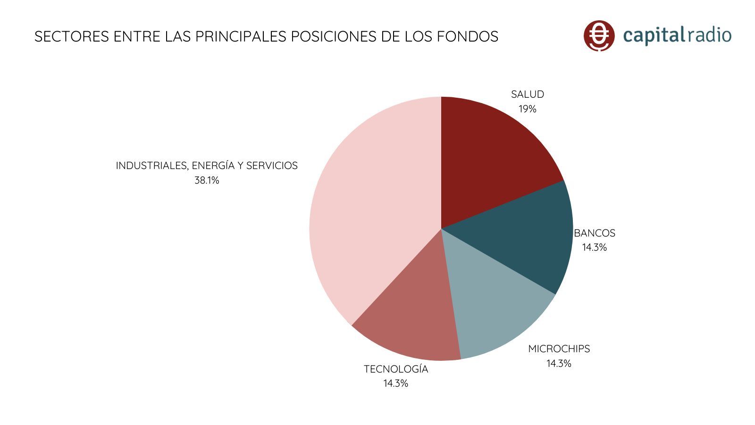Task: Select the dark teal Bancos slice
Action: [528, 236]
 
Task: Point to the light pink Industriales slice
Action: [368, 212]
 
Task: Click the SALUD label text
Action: [528, 94]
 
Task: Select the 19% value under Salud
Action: [528, 109]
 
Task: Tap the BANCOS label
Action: [595, 233]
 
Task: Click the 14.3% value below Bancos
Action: [594, 247]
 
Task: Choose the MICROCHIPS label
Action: [559, 349]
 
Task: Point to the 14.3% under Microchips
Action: [559, 364]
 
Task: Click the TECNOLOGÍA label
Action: [396, 369]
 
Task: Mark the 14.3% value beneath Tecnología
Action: [395, 383]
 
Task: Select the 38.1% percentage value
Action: [207, 180]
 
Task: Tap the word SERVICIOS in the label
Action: [272, 166]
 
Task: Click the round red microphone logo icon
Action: [599, 35]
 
